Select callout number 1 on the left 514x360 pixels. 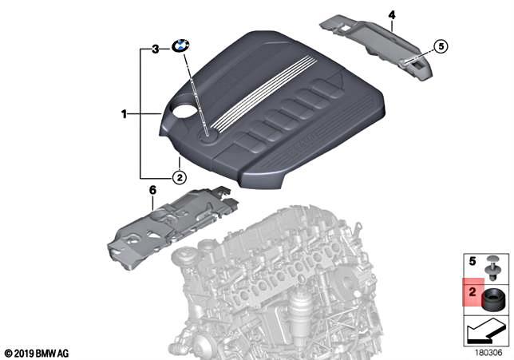[x=125, y=115]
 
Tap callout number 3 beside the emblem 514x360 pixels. [x=156, y=49]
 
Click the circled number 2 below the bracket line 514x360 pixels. [x=180, y=177]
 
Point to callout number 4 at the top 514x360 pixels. [x=392, y=14]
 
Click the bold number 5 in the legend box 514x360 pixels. [x=472, y=262]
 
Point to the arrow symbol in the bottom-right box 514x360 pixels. [x=488, y=329]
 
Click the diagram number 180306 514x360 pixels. [x=488, y=349]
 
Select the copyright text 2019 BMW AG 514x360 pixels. [x=38, y=352]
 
